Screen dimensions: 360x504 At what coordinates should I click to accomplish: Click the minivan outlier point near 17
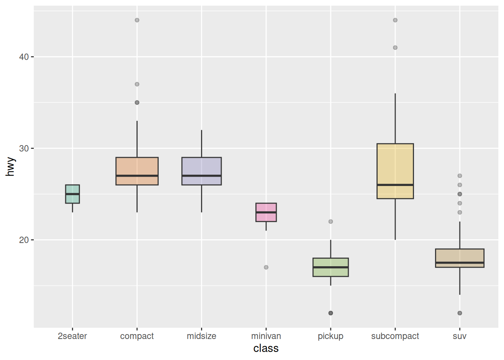266,267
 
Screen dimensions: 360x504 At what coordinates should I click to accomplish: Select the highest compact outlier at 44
137,20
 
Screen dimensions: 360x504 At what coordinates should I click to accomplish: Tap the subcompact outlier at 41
395,48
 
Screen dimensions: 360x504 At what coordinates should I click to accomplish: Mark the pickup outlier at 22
330,222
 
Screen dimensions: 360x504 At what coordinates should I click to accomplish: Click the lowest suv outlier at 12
459,313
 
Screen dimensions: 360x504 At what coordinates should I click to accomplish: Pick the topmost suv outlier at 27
459,176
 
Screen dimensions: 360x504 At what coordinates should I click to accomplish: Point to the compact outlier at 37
137,84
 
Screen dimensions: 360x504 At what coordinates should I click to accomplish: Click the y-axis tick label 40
24,57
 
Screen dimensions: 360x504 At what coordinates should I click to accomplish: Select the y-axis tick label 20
24,240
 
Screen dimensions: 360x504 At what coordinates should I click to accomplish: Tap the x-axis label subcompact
395,336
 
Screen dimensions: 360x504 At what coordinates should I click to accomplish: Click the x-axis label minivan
266,336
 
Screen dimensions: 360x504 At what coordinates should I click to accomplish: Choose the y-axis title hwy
10,167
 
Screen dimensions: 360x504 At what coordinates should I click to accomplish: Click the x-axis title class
266,348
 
